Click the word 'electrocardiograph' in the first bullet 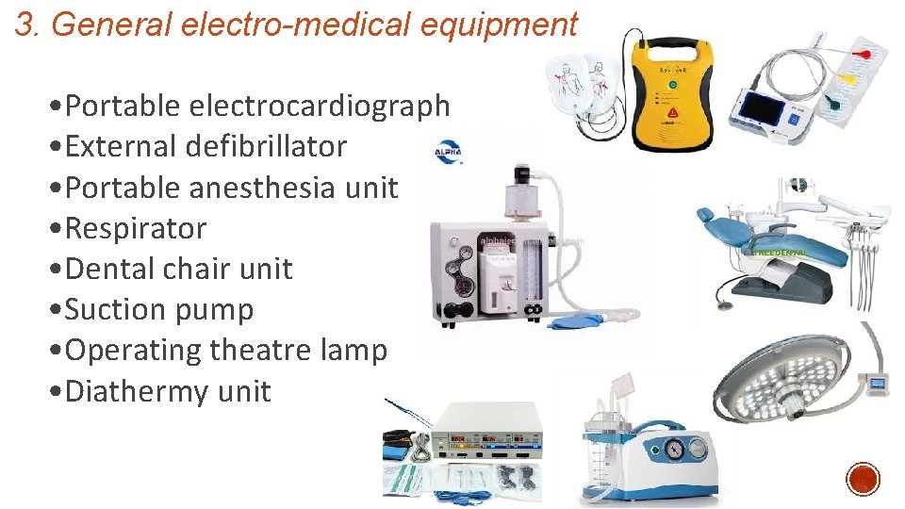[320, 107]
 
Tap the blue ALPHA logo [447, 151]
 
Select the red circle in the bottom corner [863, 479]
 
